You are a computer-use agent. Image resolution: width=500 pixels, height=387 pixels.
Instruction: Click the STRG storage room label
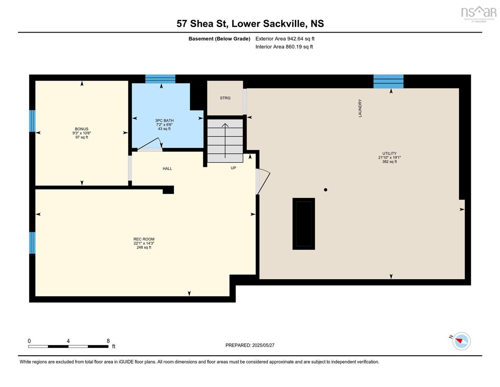pyautogui.click(x=225, y=98)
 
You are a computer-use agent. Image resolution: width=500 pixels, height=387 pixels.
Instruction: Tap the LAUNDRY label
pyautogui.click(x=360, y=108)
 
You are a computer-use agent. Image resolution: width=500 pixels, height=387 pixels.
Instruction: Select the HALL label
pyautogui.click(x=167, y=169)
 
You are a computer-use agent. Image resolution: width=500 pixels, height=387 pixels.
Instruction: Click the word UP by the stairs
pyautogui.click(x=233, y=168)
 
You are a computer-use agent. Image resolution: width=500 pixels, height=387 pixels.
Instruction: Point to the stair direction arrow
pyautogui.click(x=225, y=141)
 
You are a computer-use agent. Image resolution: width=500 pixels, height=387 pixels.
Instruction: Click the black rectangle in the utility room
pyautogui.click(x=303, y=224)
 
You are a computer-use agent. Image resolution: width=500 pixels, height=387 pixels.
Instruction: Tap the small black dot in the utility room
pyautogui.click(x=325, y=190)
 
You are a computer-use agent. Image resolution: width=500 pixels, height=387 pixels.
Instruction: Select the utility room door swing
pyautogui.click(x=263, y=182)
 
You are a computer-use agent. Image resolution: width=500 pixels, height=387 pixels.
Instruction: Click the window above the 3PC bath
pyautogui.click(x=160, y=79)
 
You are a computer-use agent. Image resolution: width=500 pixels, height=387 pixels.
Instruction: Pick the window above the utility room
pyautogui.click(x=388, y=81)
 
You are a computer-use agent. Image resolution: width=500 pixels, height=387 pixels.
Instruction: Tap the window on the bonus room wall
pyautogui.click(x=32, y=121)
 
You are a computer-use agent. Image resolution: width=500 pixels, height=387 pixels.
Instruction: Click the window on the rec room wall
pyautogui.click(x=32, y=243)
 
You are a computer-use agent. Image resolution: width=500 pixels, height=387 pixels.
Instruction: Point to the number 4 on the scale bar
pyautogui.click(x=68, y=341)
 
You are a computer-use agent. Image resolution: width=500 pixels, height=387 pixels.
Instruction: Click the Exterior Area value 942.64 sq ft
pyautogui.click(x=301, y=39)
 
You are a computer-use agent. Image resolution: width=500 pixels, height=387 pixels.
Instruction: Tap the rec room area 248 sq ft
pyautogui.click(x=144, y=247)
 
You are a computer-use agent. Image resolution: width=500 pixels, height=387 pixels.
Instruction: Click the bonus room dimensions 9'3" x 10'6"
pyautogui.click(x=82, y=133)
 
